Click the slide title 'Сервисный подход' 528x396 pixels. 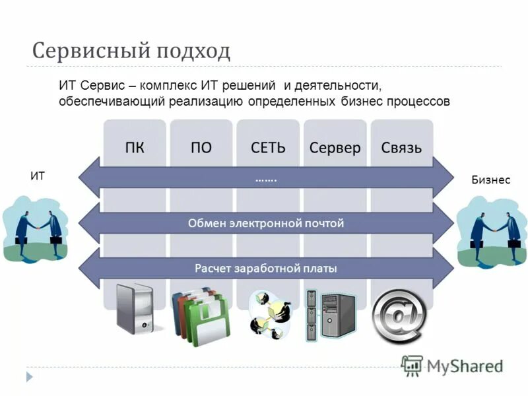(x=131, y=51)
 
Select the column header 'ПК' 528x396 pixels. (x=135, y=147)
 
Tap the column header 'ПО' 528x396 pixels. (x=201, y=147)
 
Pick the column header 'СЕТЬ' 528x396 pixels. (x=268, y=147)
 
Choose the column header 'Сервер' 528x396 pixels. (x=335, y=147)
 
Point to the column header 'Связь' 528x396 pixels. (x=401, y=147)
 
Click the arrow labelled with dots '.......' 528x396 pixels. (x=267, y=178)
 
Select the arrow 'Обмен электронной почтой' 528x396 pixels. (x=267, y=223)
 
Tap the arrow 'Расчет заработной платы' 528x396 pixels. (x=267, y=269)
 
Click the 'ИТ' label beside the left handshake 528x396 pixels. (x=38, y=176)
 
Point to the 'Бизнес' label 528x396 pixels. (x=490, y=180)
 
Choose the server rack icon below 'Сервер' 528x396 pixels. (x=330, y=315)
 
